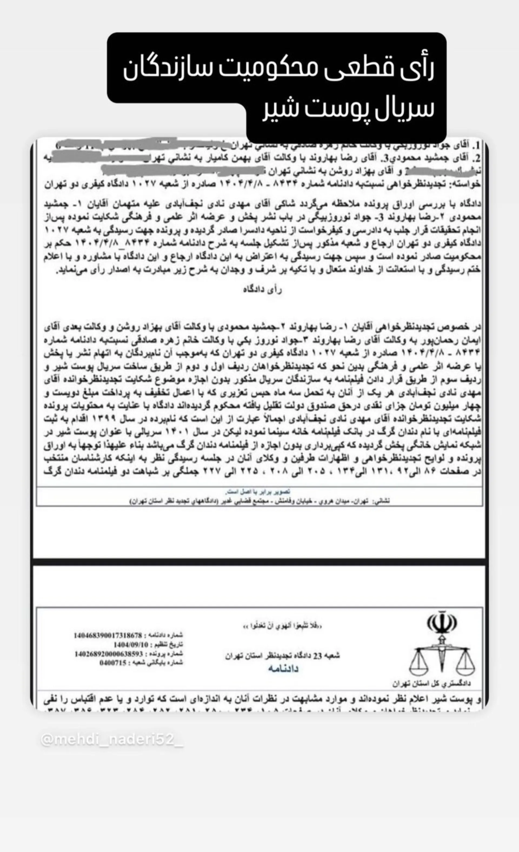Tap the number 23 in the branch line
tap(317, 655)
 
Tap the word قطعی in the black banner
tap(363, 68)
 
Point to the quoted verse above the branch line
tap(282, 625)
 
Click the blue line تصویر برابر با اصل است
tap(258, 491)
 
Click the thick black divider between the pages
tap(259, 562)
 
